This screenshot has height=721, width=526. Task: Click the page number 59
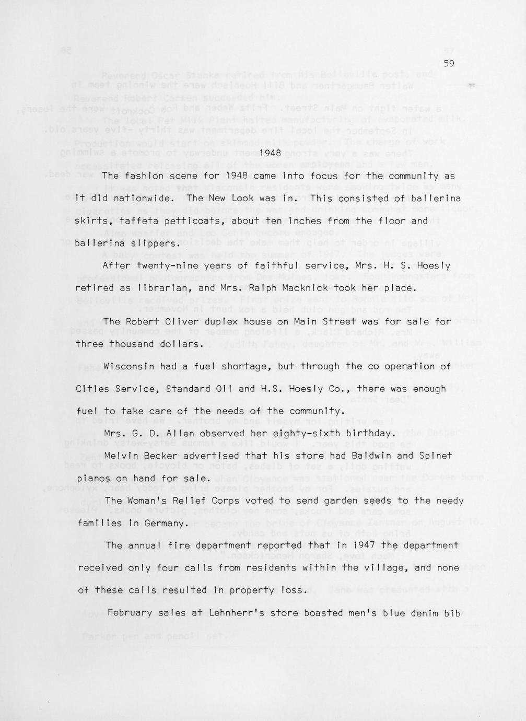(x=449, y=64)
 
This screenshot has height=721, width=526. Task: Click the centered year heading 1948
(x=271, y=153)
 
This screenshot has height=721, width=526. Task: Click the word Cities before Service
(x=93, y=389)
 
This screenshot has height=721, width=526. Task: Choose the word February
(x=130, y=613)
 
